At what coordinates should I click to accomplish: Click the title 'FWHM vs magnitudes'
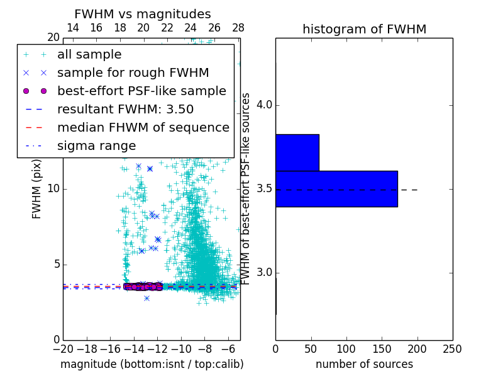coord(142,14)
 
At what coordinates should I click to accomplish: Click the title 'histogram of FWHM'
coord(364,29)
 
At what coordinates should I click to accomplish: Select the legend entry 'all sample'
coord(89,55)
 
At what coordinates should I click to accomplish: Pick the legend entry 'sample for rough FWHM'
coord(133,73)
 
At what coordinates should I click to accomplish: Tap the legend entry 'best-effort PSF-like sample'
coord(141,91)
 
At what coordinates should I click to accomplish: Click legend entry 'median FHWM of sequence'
coord(143,127)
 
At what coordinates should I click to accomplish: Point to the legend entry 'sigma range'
coord(96,146)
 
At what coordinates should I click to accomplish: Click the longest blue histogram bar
coord(336,188)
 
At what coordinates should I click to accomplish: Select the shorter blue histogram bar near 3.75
coord(297,152)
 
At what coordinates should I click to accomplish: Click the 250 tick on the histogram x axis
coord(452,348)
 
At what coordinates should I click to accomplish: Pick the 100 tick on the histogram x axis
coord(346,348)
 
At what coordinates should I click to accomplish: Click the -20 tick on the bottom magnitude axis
coord(63,348)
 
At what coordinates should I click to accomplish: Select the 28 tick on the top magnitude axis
coord(238,28)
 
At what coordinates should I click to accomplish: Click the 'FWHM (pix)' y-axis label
coord(37,189)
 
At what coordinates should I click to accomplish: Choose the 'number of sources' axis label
coord(364,364)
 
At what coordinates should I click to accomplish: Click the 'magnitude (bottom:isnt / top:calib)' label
coord(152,364)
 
